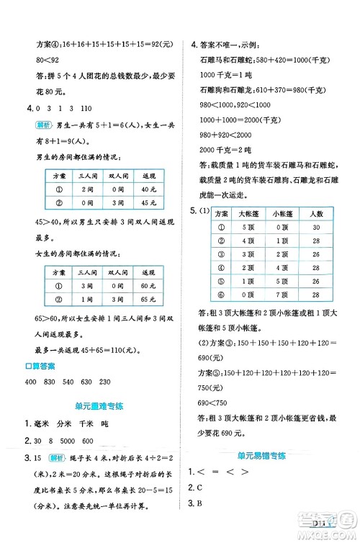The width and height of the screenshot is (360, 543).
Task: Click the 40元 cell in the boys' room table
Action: [x=149, y=189]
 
